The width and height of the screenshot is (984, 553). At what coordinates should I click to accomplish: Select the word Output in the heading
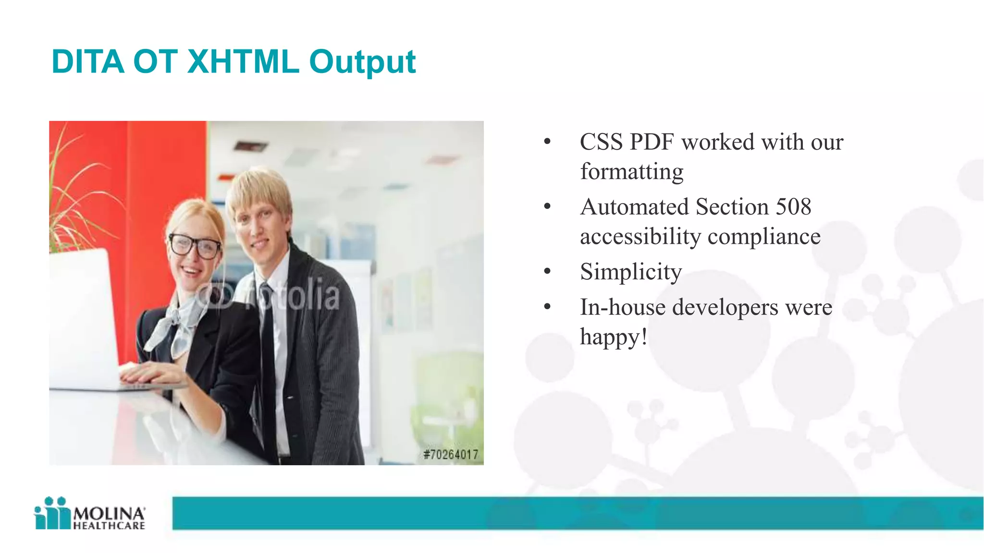tap(362, 62)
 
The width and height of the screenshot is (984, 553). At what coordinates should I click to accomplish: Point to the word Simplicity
tap(630, 272)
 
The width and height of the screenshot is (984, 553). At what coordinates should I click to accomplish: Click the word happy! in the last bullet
tap(614, 337)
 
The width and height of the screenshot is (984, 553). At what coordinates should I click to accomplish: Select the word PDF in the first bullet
tap(652, 142)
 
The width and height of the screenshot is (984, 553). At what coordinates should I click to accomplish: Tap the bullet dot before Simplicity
tap(547, 272)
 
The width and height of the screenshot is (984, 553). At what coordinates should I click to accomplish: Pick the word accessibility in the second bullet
tap(640, 236)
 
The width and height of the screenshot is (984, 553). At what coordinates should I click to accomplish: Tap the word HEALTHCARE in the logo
tap(109, 526)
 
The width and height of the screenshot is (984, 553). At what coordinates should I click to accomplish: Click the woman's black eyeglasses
tap(195, 246)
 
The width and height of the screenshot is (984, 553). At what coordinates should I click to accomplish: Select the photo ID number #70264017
tap(451, 455)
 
